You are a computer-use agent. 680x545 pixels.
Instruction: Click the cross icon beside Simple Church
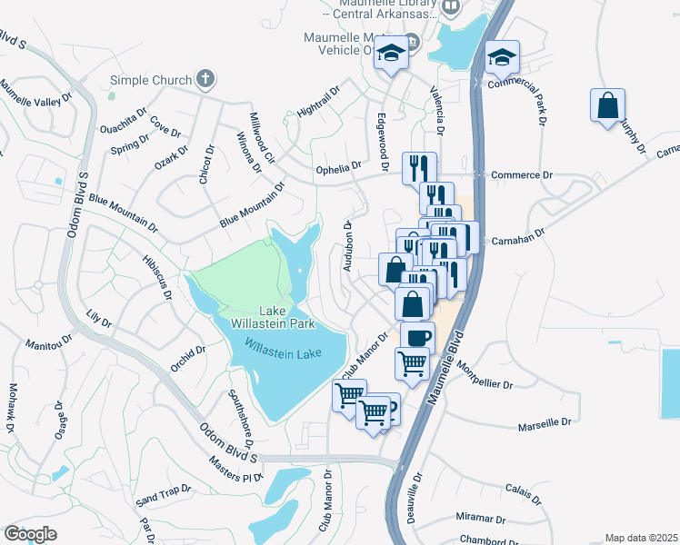pyautogui.click(x=205, y=79)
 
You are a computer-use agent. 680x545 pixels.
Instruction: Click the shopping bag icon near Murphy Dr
pyautogui.click(x=606, y=105)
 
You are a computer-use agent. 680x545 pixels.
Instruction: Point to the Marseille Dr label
pyautogui.click(x=545, y=423)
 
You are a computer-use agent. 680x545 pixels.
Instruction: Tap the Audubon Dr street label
pyautogui.click(x=347, y=245)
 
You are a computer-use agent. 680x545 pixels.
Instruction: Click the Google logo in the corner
pyautogui.click(x=29, y=534)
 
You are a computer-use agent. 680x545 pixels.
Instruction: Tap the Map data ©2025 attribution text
pyautogui.click(x=640, y=538)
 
